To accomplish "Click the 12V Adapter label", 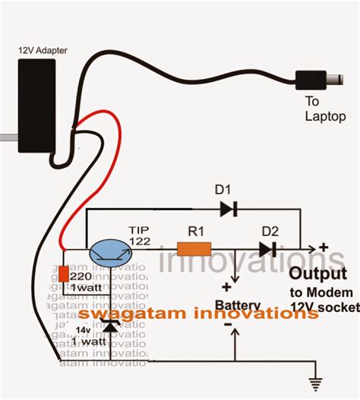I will [x=44, y=50].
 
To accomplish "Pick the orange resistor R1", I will [x=194, y=248].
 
